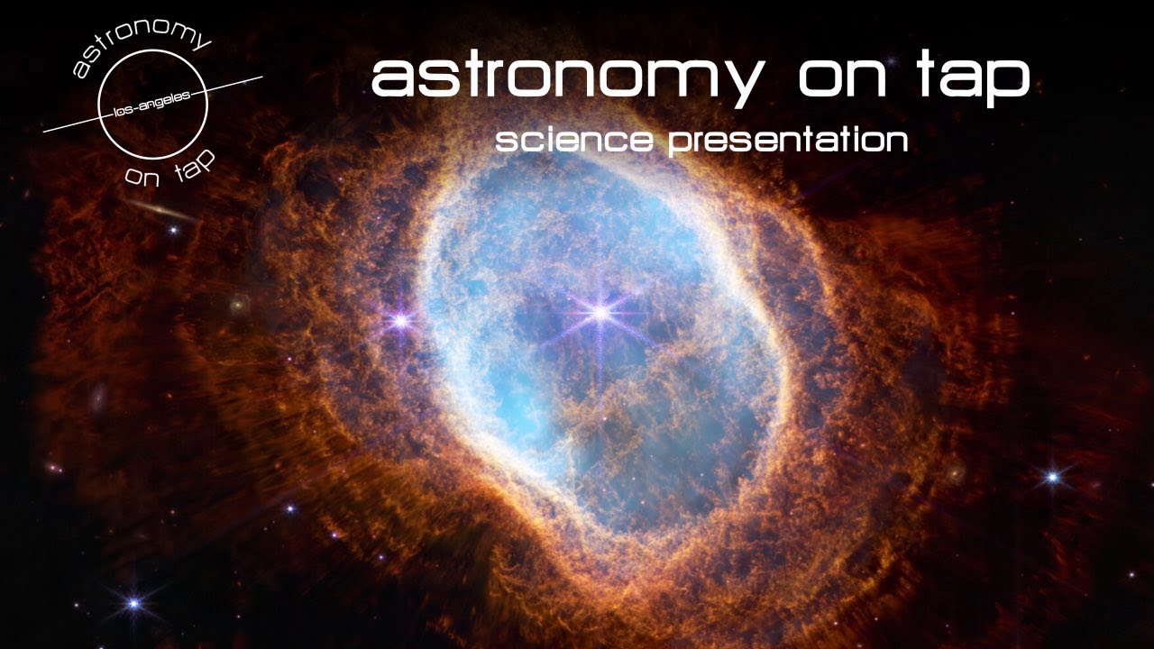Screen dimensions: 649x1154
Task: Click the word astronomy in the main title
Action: coord(566,79)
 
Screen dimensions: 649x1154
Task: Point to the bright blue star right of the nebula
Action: coord(1052,477)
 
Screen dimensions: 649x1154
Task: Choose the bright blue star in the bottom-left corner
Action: coord(133,603)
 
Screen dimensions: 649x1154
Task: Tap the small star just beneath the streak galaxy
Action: coord(173,231)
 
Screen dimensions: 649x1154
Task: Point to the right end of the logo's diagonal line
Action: coord(261,77)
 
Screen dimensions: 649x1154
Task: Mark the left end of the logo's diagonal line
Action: coord(43,133)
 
